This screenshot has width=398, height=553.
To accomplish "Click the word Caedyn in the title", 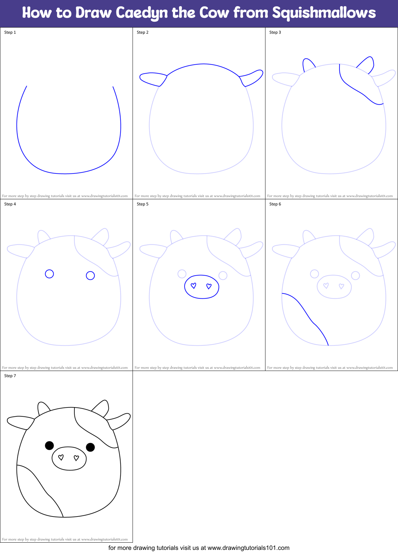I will [x=142, y=13].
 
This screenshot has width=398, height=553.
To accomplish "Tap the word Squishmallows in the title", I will [x=324, y=13].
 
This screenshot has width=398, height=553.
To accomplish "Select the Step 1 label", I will [x=10, y=32].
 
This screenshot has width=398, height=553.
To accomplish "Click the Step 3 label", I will [x=275, y=32].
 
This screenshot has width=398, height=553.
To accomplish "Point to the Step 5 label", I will [x=143, y=204].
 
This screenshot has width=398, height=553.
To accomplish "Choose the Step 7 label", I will [x=10, y=376].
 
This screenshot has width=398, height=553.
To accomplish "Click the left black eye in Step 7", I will [x=50, y=445].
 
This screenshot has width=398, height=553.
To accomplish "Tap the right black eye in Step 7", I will [x=90, y=447].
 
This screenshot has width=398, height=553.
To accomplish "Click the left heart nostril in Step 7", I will [x=61, y=457].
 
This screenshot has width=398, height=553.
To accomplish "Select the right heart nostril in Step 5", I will [x=209, y=286].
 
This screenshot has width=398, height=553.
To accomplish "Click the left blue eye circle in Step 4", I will [x=50, y=274].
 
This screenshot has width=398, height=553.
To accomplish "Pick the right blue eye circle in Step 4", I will [x=90, y=275].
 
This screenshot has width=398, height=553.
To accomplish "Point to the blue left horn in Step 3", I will [x=308, y=65].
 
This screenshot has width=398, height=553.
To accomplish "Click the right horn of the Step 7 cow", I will [x=102, y=408].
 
